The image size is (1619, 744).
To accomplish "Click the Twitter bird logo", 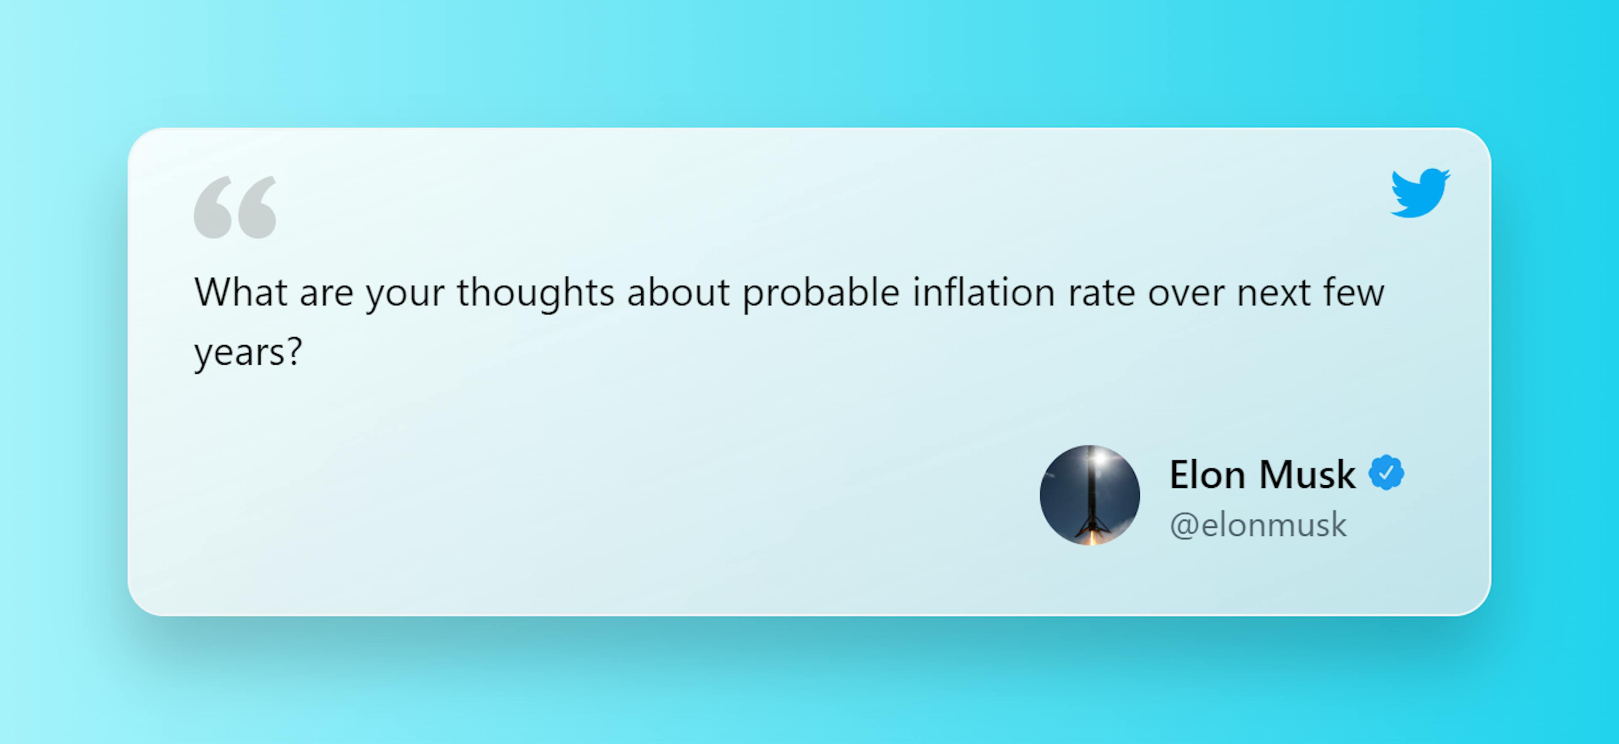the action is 1420,192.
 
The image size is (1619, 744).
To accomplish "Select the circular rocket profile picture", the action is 1090,495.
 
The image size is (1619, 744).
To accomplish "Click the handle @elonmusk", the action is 1258,525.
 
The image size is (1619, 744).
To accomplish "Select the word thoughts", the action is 535,293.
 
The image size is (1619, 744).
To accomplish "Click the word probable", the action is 821,293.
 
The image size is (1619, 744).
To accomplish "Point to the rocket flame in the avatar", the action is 1090,536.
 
